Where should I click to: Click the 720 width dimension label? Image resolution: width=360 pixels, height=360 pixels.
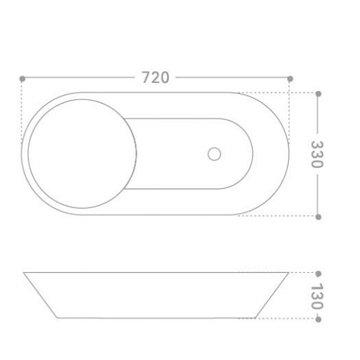[x=156, y=77]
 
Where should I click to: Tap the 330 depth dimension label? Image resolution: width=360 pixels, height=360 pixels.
[x=318, y=154]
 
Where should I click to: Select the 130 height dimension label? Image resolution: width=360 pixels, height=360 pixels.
[x=318, y=297]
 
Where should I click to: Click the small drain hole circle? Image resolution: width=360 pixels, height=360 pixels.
[x=215, y=154]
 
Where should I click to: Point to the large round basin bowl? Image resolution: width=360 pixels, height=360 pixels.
[x=82, y=153]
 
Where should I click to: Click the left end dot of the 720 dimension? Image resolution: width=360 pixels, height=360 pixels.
[x=22, y=78]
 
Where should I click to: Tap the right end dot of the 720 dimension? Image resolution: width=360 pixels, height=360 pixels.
[x=290, y=78]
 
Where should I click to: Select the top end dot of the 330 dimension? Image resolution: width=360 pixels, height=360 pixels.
[x=318, y=94]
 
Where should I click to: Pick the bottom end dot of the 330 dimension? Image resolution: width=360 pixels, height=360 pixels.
[x=318, y=217]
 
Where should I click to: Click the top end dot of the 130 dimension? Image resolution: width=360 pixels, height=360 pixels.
[x=318, y=274]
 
